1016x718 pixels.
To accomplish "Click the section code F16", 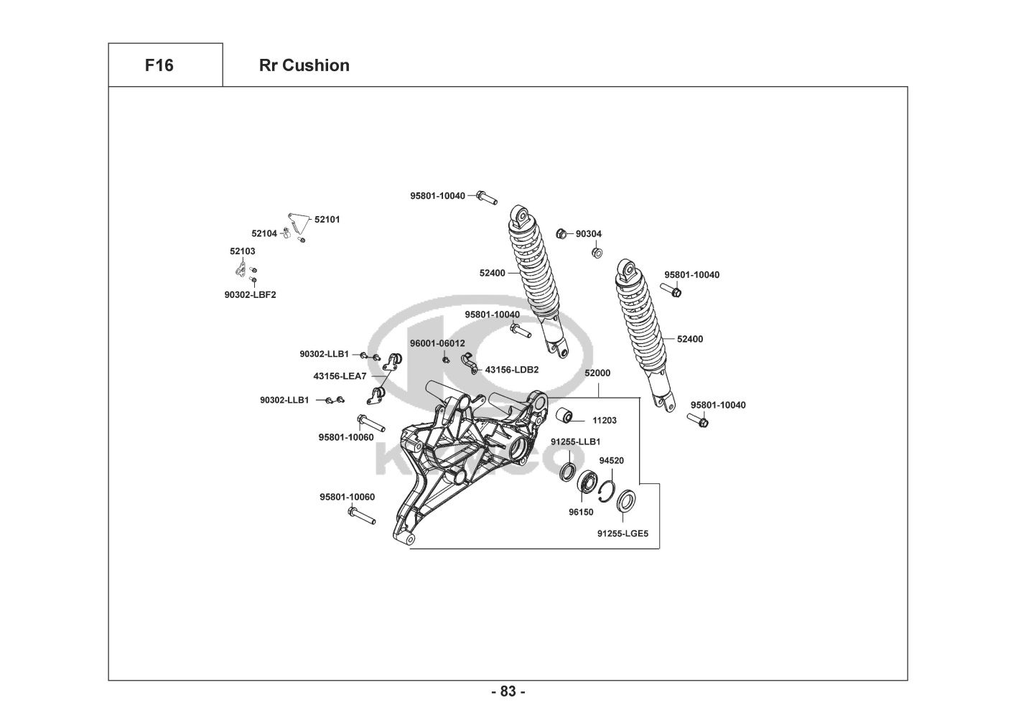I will tap(159, 65).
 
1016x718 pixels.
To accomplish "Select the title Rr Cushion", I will tap(304, 65).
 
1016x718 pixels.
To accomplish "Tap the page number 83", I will tap(508, 691).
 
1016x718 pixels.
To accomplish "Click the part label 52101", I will tap(327, 220).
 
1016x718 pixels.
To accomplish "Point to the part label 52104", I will tap(264, 233).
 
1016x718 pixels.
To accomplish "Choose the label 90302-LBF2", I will tap(250, 294).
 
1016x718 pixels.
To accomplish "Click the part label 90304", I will tap(589, 233).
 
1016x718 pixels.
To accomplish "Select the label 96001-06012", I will tap(437, 343).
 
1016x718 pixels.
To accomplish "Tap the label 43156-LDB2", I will tap(511, 370).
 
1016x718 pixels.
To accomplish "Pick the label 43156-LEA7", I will tap(340, 376).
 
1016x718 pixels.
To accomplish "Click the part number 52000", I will tap(597, 373).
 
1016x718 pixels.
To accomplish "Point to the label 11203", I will tap(604, 421).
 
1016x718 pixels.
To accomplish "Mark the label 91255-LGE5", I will tap(623, 533).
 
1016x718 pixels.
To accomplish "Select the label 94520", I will tap(611, 461).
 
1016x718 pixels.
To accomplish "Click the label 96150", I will tap(581, 513).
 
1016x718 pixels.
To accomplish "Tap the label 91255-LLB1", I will tap(575, 442).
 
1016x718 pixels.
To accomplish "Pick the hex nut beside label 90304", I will tap(562, 233).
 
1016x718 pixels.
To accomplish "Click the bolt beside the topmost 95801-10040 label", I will tap(487, 197).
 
